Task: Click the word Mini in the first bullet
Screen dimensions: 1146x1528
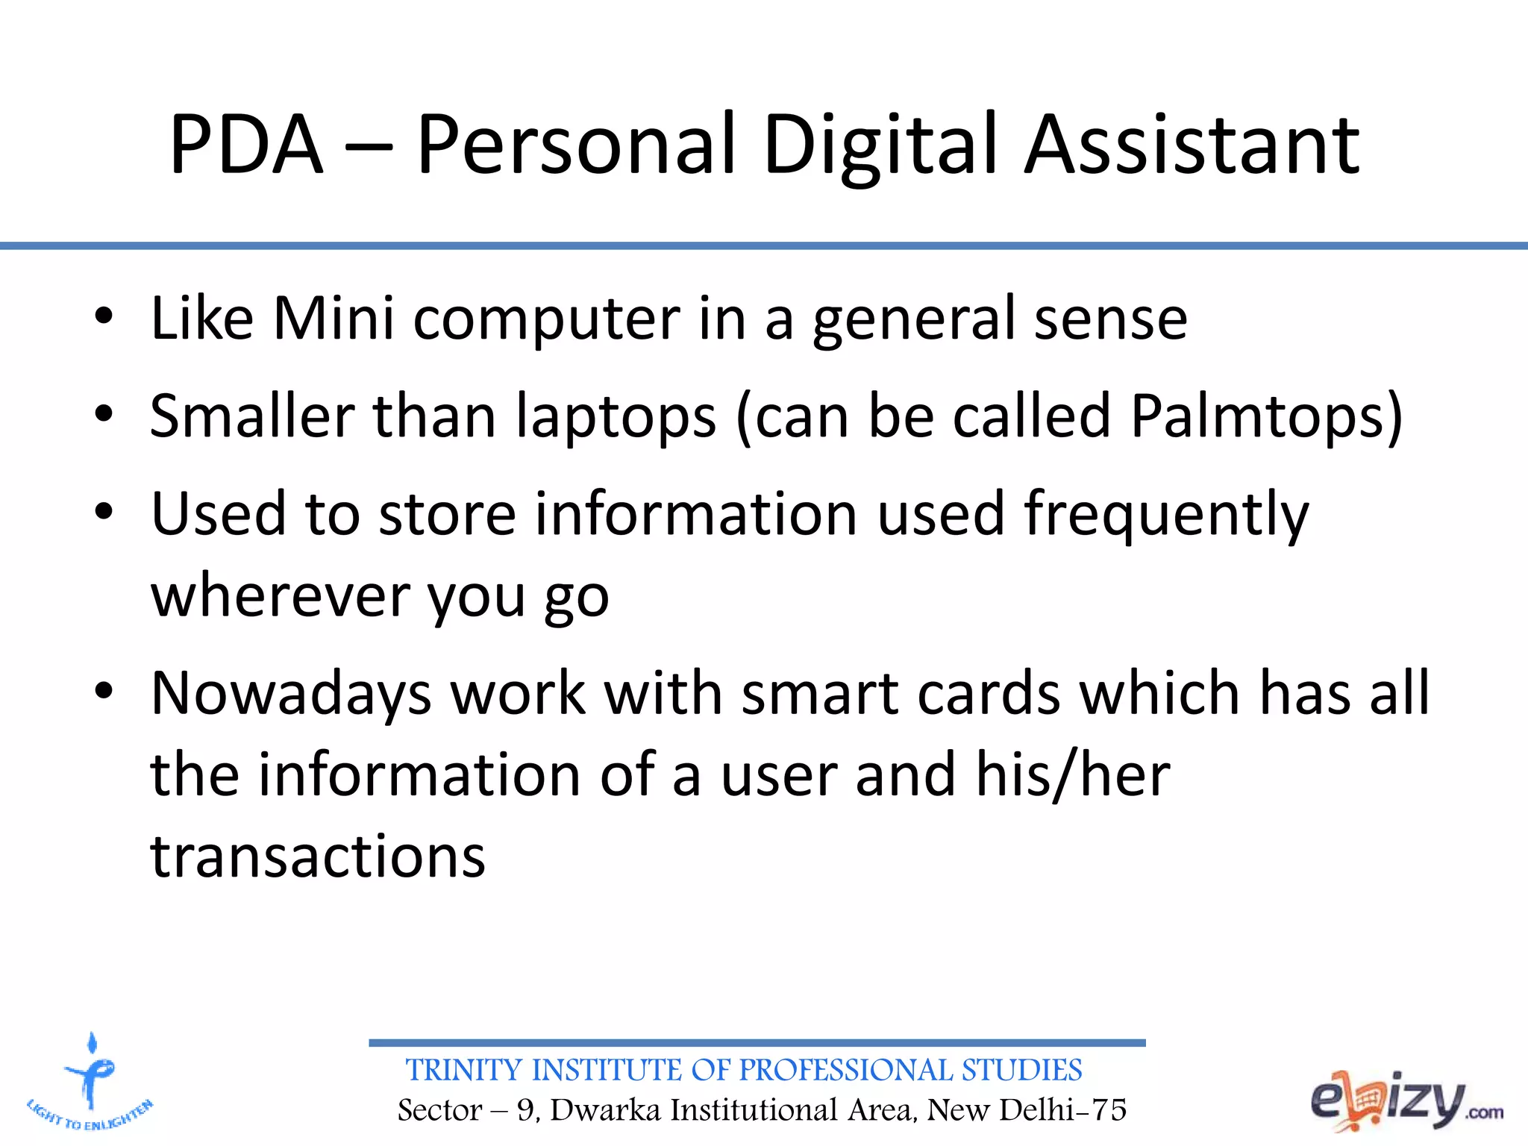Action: point(333,319)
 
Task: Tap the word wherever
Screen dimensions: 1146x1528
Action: point(279,597)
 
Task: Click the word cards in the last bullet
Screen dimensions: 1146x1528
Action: point(988,694)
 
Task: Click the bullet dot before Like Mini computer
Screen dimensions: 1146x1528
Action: point(104,316)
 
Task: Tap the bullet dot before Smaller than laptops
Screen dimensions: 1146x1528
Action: point(104,414)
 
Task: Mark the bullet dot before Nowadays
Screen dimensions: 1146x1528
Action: point(104,692)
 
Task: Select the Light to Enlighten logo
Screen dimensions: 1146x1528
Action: point(90,1082)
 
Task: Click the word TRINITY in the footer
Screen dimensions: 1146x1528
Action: point(465,1070)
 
